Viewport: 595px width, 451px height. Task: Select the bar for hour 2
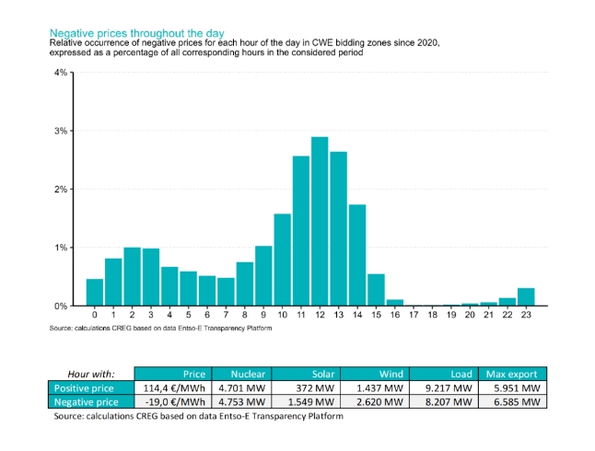pos(132,276)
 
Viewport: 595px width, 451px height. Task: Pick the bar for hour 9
pos(263,275)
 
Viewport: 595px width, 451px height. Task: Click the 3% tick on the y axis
pos(61,131)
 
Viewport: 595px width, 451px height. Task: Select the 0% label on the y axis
pos(61,306)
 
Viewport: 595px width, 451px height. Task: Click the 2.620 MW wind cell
pos(381,401)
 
